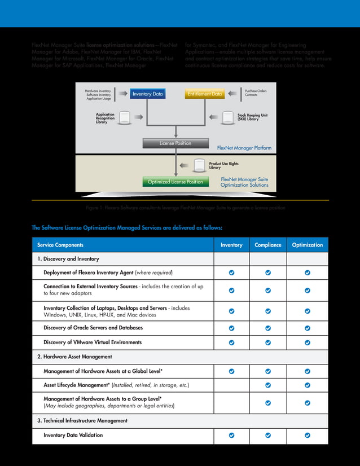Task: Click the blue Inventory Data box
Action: pos(147,94)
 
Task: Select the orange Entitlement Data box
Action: pos(205,94)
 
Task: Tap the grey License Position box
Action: pos(175,143)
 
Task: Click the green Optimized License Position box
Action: pos(175,182)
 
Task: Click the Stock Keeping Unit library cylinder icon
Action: pos(227,117)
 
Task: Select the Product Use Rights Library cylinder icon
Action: pos(199,165)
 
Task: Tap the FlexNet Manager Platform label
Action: pos(244,148)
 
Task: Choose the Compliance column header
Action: pos(268,245)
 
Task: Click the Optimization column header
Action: pos(308,245)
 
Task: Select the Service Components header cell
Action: pos(60,245)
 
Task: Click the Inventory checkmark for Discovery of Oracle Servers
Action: pos(231,328)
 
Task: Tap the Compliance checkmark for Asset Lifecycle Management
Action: pos(268,385)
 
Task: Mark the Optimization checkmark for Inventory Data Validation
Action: pos(308,436)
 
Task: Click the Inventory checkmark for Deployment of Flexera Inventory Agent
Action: pos(231,273)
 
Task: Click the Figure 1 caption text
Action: pos(185,208)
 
